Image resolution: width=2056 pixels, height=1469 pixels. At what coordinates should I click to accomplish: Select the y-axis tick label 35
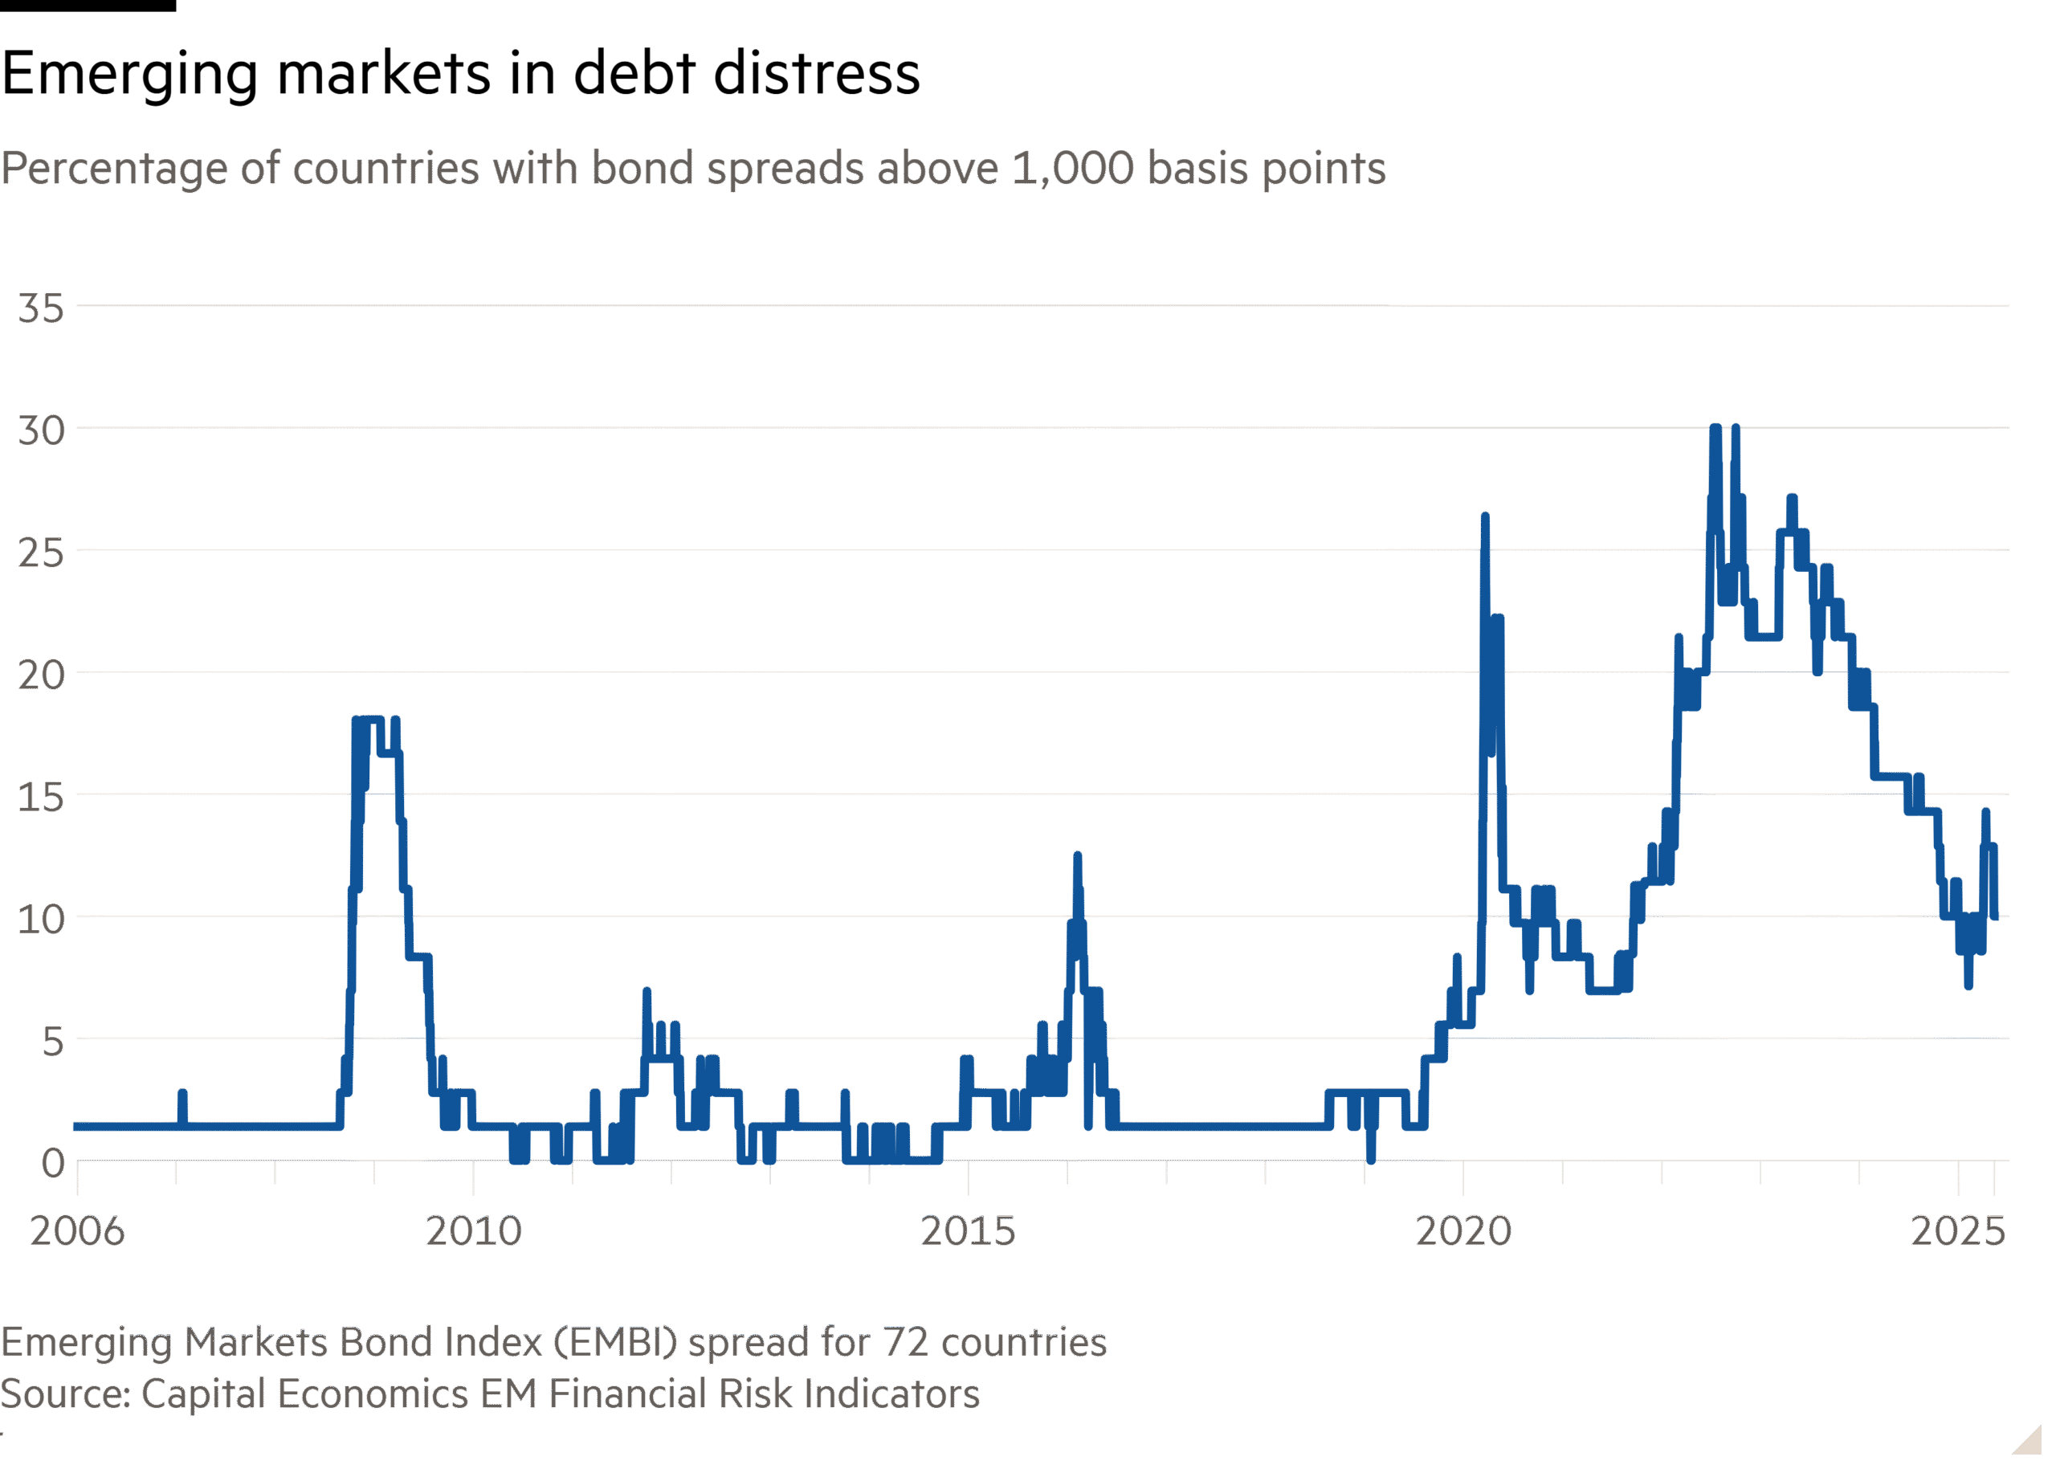pos(42,309)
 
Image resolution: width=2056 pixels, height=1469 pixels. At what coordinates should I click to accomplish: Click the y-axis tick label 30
pos(42,431)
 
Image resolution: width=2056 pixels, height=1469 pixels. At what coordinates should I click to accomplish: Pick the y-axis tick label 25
pos(42,553)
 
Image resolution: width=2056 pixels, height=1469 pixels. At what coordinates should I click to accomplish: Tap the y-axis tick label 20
pos(42,675)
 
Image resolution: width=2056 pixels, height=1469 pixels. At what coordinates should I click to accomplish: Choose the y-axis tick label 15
pos(42,798)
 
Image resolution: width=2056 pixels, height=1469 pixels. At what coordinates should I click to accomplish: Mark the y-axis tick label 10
pos(42,920)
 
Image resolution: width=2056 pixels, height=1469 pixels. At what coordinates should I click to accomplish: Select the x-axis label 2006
pos(77,1231)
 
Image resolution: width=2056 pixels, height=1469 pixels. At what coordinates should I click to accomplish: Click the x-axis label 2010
pos(474,1231)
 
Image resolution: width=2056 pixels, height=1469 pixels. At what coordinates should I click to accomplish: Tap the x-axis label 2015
pos(968,1231)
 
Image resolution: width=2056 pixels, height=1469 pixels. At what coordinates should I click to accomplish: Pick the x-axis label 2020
pos(1463,1231)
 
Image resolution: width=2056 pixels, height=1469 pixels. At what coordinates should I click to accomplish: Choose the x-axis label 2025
pos(1958,1231)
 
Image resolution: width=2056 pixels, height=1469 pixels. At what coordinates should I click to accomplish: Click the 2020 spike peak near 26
pos(1484,518)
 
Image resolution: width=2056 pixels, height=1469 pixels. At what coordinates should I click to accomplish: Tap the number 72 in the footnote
pos(905,1343)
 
